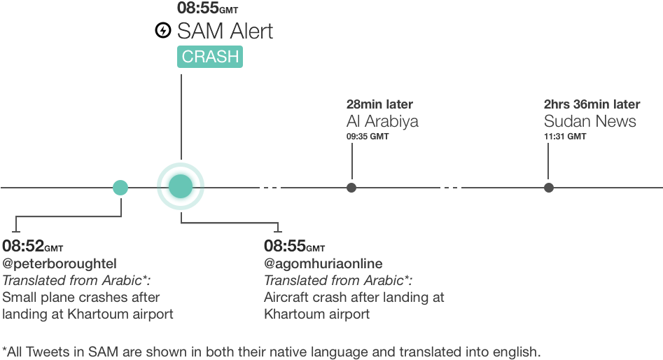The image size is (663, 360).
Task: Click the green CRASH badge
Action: pyautogui.click(x=210, y=57)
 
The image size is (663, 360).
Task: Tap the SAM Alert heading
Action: pyautogui.click(x=225, y=32)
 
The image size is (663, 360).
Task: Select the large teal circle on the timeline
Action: pyautogui.click(x=181, y=187)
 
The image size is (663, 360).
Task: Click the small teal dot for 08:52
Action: pyautogui.click(x=120, y=188)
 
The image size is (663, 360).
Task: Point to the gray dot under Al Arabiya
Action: pyautogui.click(x=351, y=188)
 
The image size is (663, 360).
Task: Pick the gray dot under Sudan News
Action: pyautogui.click(x=549, y=188)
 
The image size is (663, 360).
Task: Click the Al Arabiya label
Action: pyautogui.click(x=382, y=121)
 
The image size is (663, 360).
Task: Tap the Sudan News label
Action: pyautogui.click(x=589, y=121)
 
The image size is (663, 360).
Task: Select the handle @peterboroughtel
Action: pyautogui.click(x=60, y=263)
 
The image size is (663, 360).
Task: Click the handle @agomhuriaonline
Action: pyautogui.click(x=323, y=263)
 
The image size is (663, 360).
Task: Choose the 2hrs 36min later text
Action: pyautogui.click(x=592, y=105)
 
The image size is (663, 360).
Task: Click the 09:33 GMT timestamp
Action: pyautogui.click(x=367, y=137)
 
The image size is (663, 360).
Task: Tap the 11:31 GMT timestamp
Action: pyautogui.click(x=564, y=137)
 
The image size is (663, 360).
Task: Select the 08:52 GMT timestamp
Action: pyautogui.click(x=32, y=247)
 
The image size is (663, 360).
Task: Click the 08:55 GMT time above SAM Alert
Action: pyautogui.click(x=207, y=9)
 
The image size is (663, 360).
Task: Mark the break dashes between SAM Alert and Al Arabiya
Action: pyautogui.click(x=270, y=187)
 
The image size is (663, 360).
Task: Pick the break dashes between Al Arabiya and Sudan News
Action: pyautogui.click(x=451, y=187)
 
